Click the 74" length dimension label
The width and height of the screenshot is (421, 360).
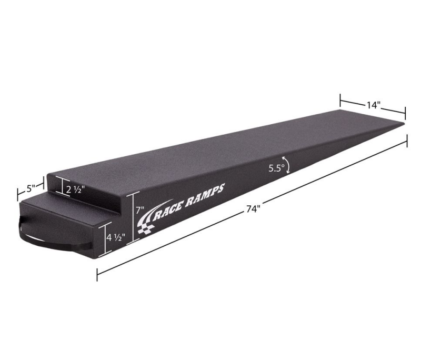click(x=253, y=209)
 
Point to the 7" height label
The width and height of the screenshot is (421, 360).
click(x=139, y=209)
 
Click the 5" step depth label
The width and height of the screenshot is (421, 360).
click(x=30, y=187)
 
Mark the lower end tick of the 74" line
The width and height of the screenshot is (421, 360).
click(x=97, y=274)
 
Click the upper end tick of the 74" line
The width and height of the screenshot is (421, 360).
click(x=407, y=141)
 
